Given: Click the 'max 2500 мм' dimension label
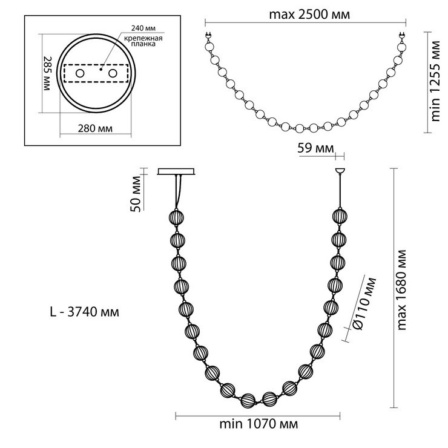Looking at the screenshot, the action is pos(309,14).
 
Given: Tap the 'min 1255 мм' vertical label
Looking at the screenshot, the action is pos(435,81).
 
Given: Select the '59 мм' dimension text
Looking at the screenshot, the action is pos(315,148).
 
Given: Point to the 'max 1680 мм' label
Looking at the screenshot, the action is pos(402,290).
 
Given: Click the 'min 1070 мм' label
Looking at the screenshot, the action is pos(259,424).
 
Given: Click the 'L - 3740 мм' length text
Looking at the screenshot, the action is pos(85,312).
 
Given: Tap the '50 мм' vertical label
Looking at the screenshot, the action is pos(136,194).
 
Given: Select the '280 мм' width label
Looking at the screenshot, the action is pos(95,128).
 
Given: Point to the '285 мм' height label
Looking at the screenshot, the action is pos(47,73).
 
